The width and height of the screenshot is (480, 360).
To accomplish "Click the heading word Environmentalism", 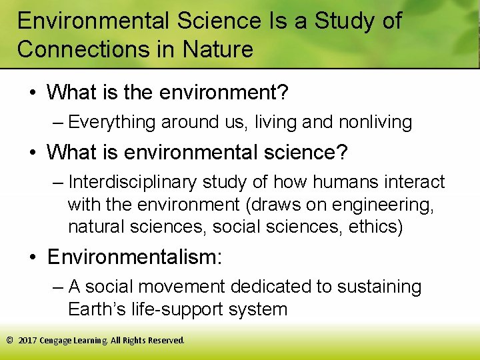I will (133, 257).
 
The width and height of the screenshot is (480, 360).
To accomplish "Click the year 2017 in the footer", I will (27, 340).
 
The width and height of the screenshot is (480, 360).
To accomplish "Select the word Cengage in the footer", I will (56, 340).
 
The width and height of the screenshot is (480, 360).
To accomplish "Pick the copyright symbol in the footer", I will (9, 340).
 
